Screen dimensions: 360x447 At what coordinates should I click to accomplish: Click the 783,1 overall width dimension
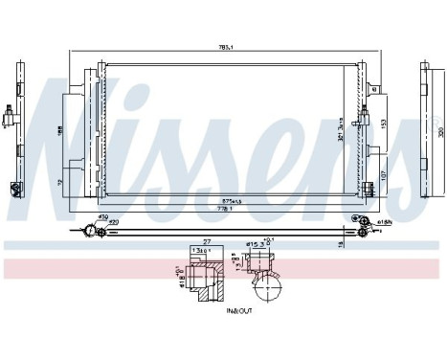[227, 50]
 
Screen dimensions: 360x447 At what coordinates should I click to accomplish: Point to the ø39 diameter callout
[103, 216]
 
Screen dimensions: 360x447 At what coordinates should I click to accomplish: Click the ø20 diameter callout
[112, 223]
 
